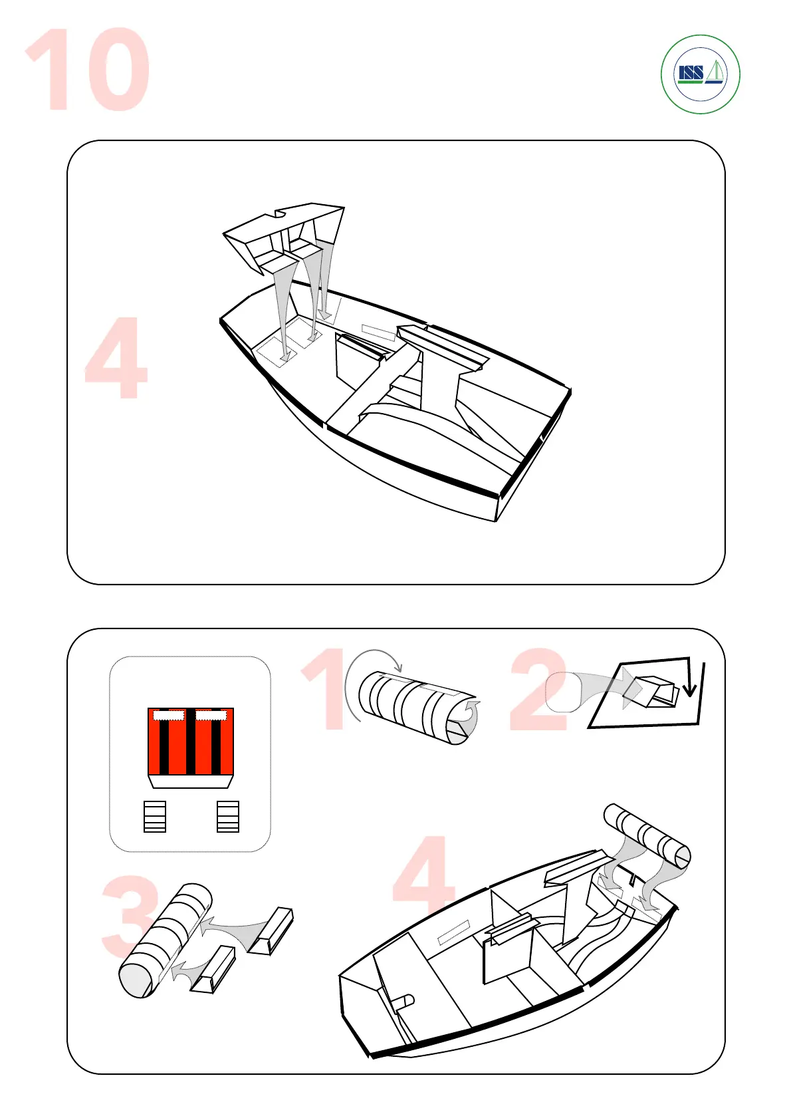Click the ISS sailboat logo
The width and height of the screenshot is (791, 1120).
point(700,74)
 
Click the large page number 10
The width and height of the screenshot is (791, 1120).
point(88,69)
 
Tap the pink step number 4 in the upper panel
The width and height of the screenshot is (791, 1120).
point(116,358)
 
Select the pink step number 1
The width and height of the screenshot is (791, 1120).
point(328,688)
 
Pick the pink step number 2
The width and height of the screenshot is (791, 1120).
point(538,689)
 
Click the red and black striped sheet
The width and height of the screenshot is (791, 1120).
point(190,741)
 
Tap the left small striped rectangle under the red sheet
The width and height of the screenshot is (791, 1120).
point(155,817)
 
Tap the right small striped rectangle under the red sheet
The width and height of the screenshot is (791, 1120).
point(228,817)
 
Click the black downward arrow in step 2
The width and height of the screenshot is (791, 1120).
point(689,678)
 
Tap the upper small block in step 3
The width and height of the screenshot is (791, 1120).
point(271,931)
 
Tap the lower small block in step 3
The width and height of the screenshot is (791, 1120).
point(212,970)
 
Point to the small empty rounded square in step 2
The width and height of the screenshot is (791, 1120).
point(563,692)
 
